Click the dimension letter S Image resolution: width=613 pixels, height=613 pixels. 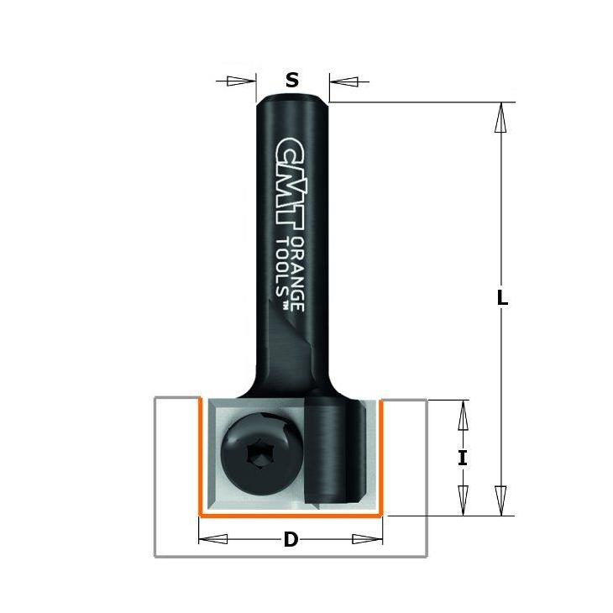point(292,80)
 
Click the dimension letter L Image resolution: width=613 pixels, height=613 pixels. point(502,299)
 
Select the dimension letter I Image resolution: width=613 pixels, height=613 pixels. point(463,458)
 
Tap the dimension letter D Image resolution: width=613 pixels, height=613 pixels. point(291,540)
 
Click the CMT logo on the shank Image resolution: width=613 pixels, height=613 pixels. point(290,183)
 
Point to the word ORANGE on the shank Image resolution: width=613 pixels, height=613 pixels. point(298,274)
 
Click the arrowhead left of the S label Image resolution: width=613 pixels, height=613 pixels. point(240,81)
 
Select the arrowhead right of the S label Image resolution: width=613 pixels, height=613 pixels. point(343,81)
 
